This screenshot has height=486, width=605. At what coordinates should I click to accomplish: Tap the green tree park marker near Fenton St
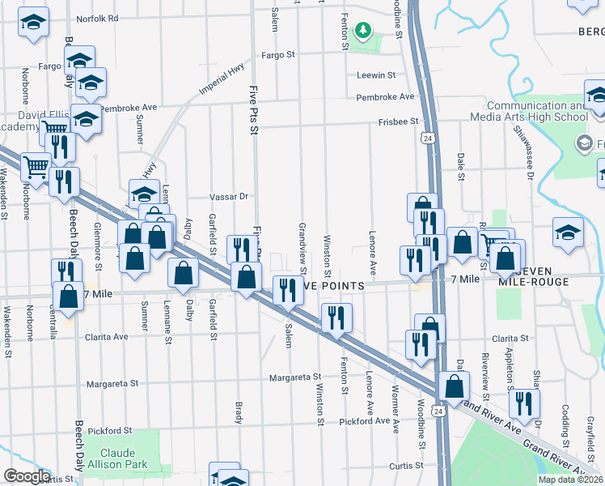click(x=363, y=31)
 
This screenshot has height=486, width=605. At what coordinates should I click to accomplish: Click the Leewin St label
click(x=376, y=75)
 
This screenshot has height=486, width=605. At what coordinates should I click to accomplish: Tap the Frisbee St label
click(x=397, y=121)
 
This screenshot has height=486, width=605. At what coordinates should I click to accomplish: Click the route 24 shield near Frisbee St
click(x=425, y=139)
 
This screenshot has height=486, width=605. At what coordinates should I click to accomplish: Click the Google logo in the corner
click(x=27, y=476)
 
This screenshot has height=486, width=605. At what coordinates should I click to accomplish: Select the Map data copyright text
click(x=570, y=480)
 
